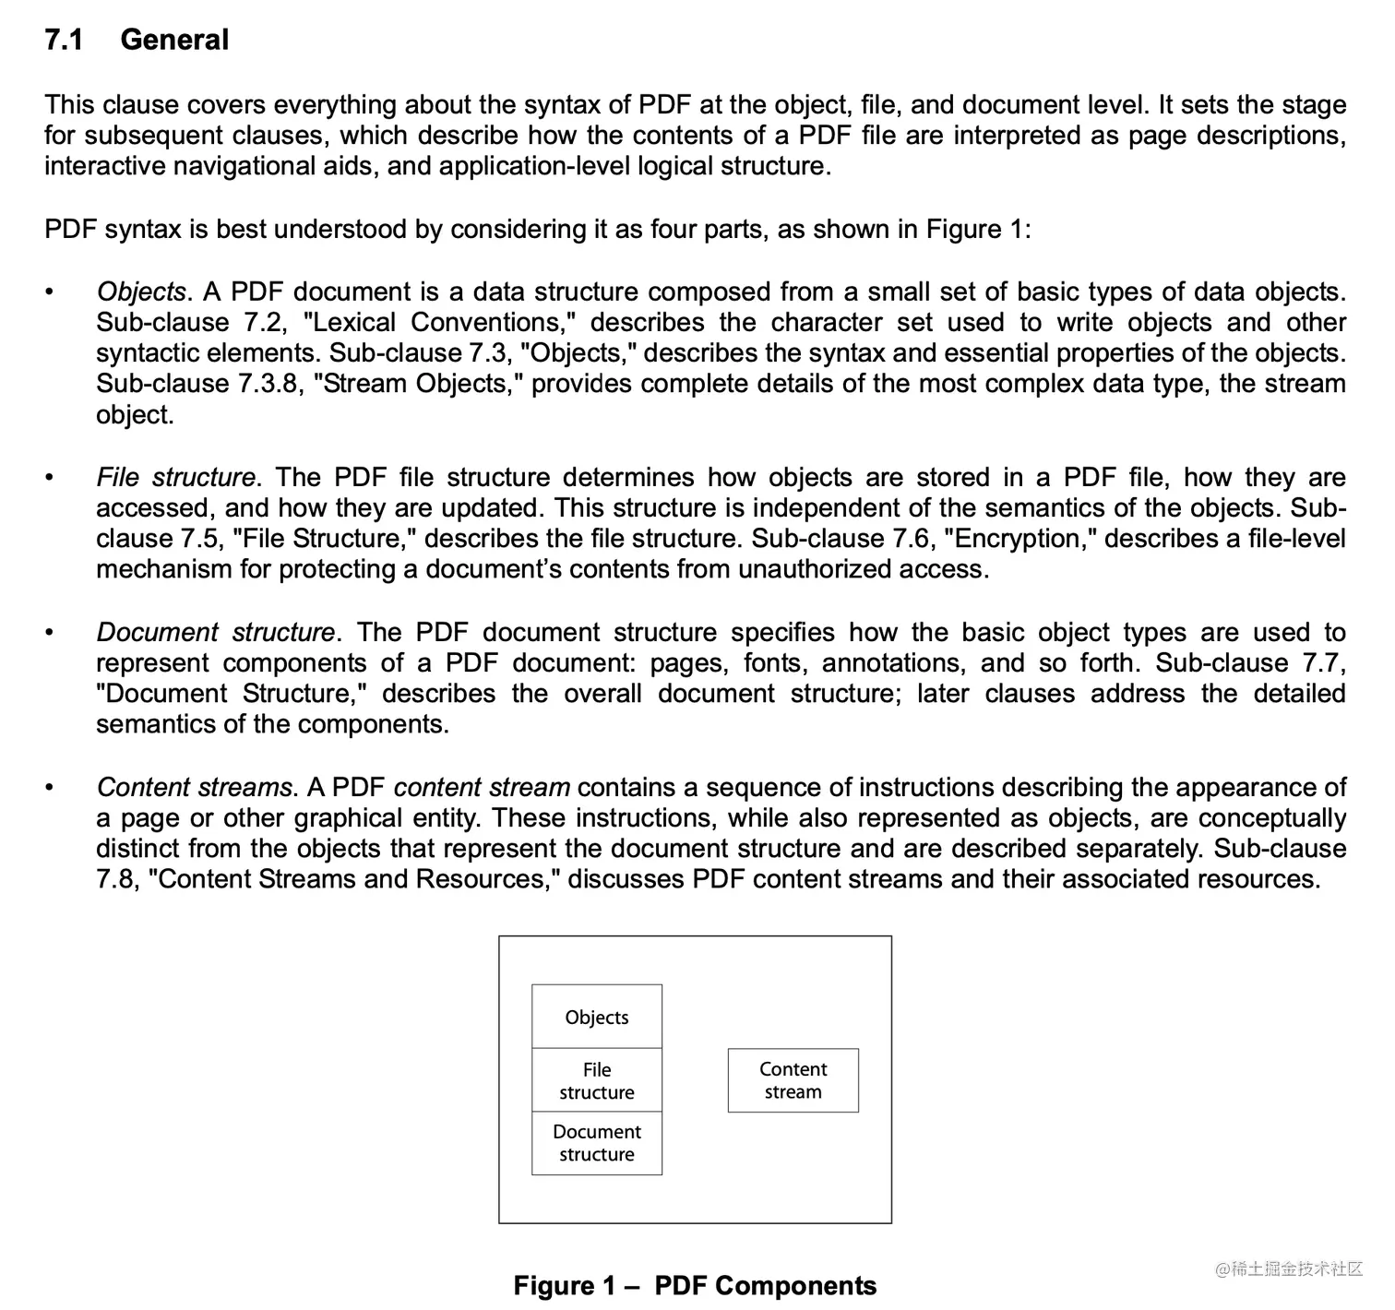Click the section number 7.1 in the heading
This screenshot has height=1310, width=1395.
tap(64, 40)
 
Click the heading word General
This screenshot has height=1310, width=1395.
tap(174, 40)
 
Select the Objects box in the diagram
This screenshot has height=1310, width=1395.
tap(597, 1017)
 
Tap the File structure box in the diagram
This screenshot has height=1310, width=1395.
tap(597, 1080)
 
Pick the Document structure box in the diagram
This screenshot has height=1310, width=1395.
tap(597, 1143)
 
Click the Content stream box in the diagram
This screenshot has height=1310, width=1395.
tap(793, 1080)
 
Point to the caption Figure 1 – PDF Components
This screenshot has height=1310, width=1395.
tap(695, 1285)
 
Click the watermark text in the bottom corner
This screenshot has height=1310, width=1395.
tap(1289, 1268)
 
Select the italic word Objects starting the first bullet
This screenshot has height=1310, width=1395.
tap(141, 292)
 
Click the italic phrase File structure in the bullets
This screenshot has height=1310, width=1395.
tap(175, 477)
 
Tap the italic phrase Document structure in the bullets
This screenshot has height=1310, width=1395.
tap(216, 632)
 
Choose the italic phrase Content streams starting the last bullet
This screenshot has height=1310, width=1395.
tap(194, 787)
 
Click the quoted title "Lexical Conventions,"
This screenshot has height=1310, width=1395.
tap(439, 322)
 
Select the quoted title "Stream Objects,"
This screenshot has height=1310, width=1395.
tap(418, 384)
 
